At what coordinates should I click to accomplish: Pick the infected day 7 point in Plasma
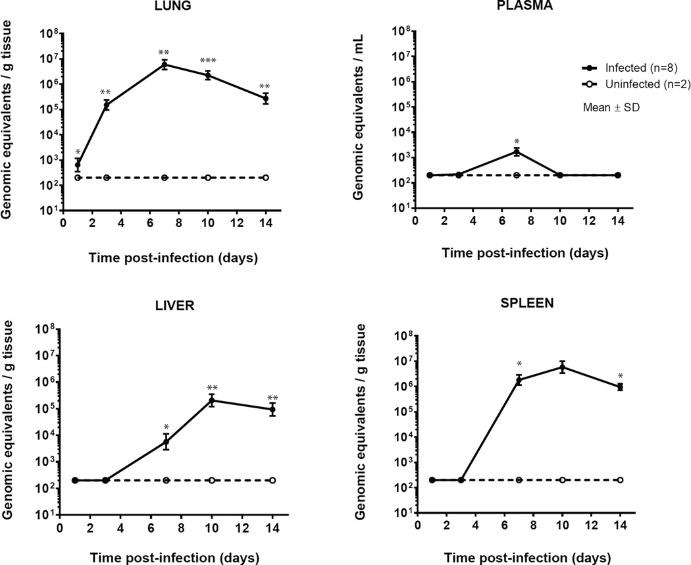[517, 152]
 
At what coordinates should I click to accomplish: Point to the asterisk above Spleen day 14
[620, 376]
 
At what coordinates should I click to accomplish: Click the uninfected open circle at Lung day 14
[266, 178]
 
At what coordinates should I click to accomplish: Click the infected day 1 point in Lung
[78, 165]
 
